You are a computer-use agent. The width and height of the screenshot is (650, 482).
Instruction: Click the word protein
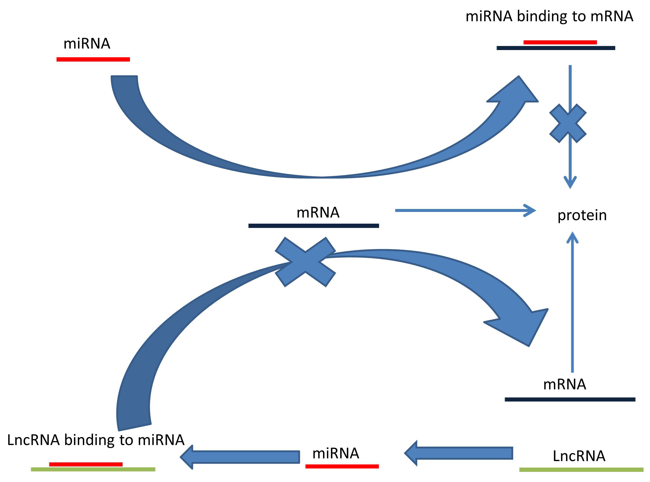(x=582, y=216)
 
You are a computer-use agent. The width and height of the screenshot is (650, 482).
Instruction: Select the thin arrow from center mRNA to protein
(x=464, y=210)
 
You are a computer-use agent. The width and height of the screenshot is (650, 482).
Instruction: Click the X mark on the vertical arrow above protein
(x=568, y=123)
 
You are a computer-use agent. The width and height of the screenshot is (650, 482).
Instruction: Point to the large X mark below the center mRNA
(x=305, y=262)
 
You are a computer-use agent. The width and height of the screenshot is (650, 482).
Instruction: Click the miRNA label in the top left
(x=87, y=44)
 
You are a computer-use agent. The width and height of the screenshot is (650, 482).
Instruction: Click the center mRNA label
(x=318, y=213)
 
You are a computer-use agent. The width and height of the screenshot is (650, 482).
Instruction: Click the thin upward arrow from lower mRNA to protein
(x=572, y=303)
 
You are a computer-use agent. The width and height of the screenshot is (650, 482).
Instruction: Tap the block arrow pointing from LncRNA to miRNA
(x=459, y=453)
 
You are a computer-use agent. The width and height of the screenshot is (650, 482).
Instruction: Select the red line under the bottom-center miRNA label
(x=342, y=466)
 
